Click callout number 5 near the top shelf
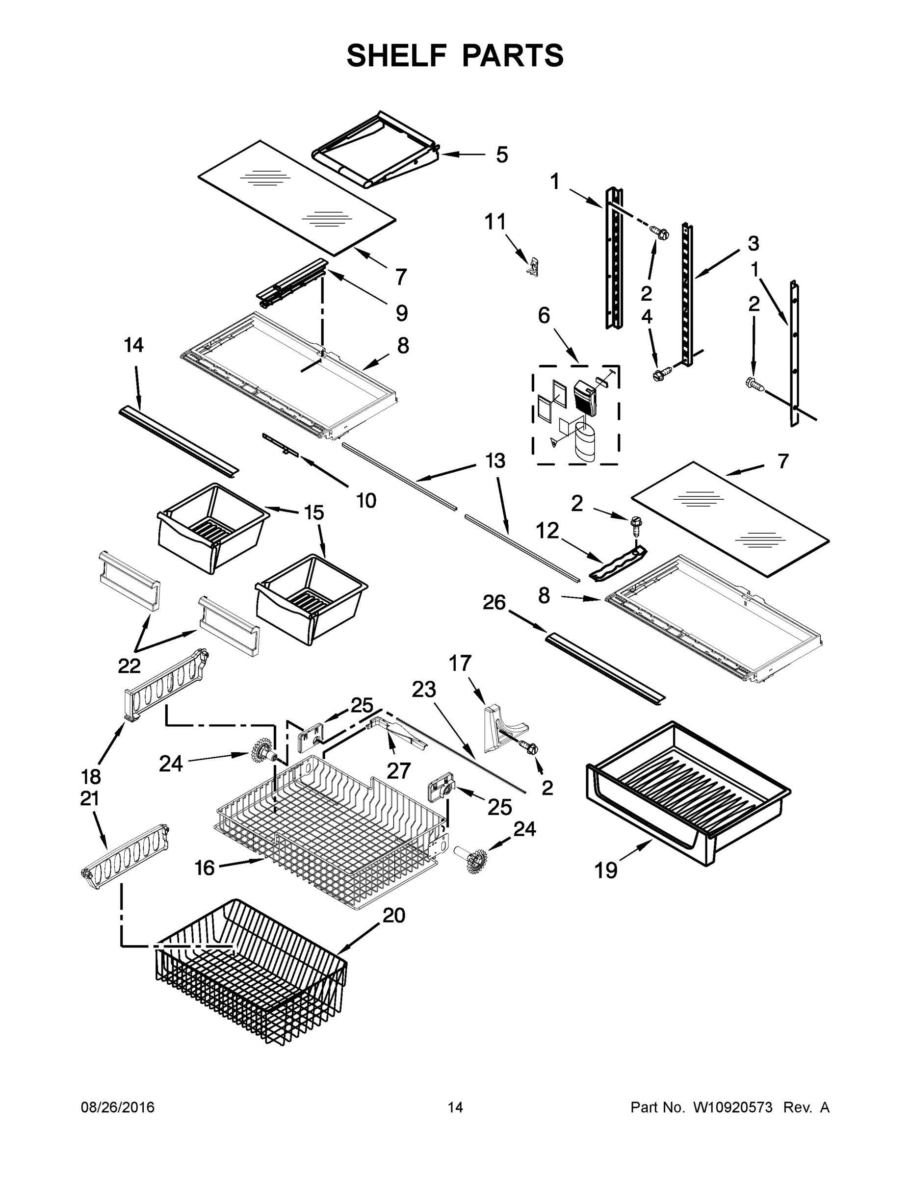click(x=501, y=154)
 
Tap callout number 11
click(x=495, y=222)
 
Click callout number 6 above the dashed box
click(x=544, y=315)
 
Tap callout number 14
click(x=134, y=345)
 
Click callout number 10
click(x=366, y=501)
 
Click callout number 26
click(x=494, y=603)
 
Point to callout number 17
click(x=460, y=664)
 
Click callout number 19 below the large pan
click(x=605, y=870)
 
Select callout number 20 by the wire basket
click(x=393, y=915)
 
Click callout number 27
click(x=398, y=770)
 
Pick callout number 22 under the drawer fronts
click(x=130, y=666)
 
